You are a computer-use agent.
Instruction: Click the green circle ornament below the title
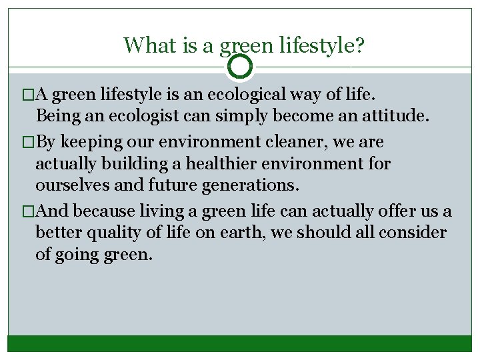(240, 67)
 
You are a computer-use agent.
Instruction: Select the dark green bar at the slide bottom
(240, 343)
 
